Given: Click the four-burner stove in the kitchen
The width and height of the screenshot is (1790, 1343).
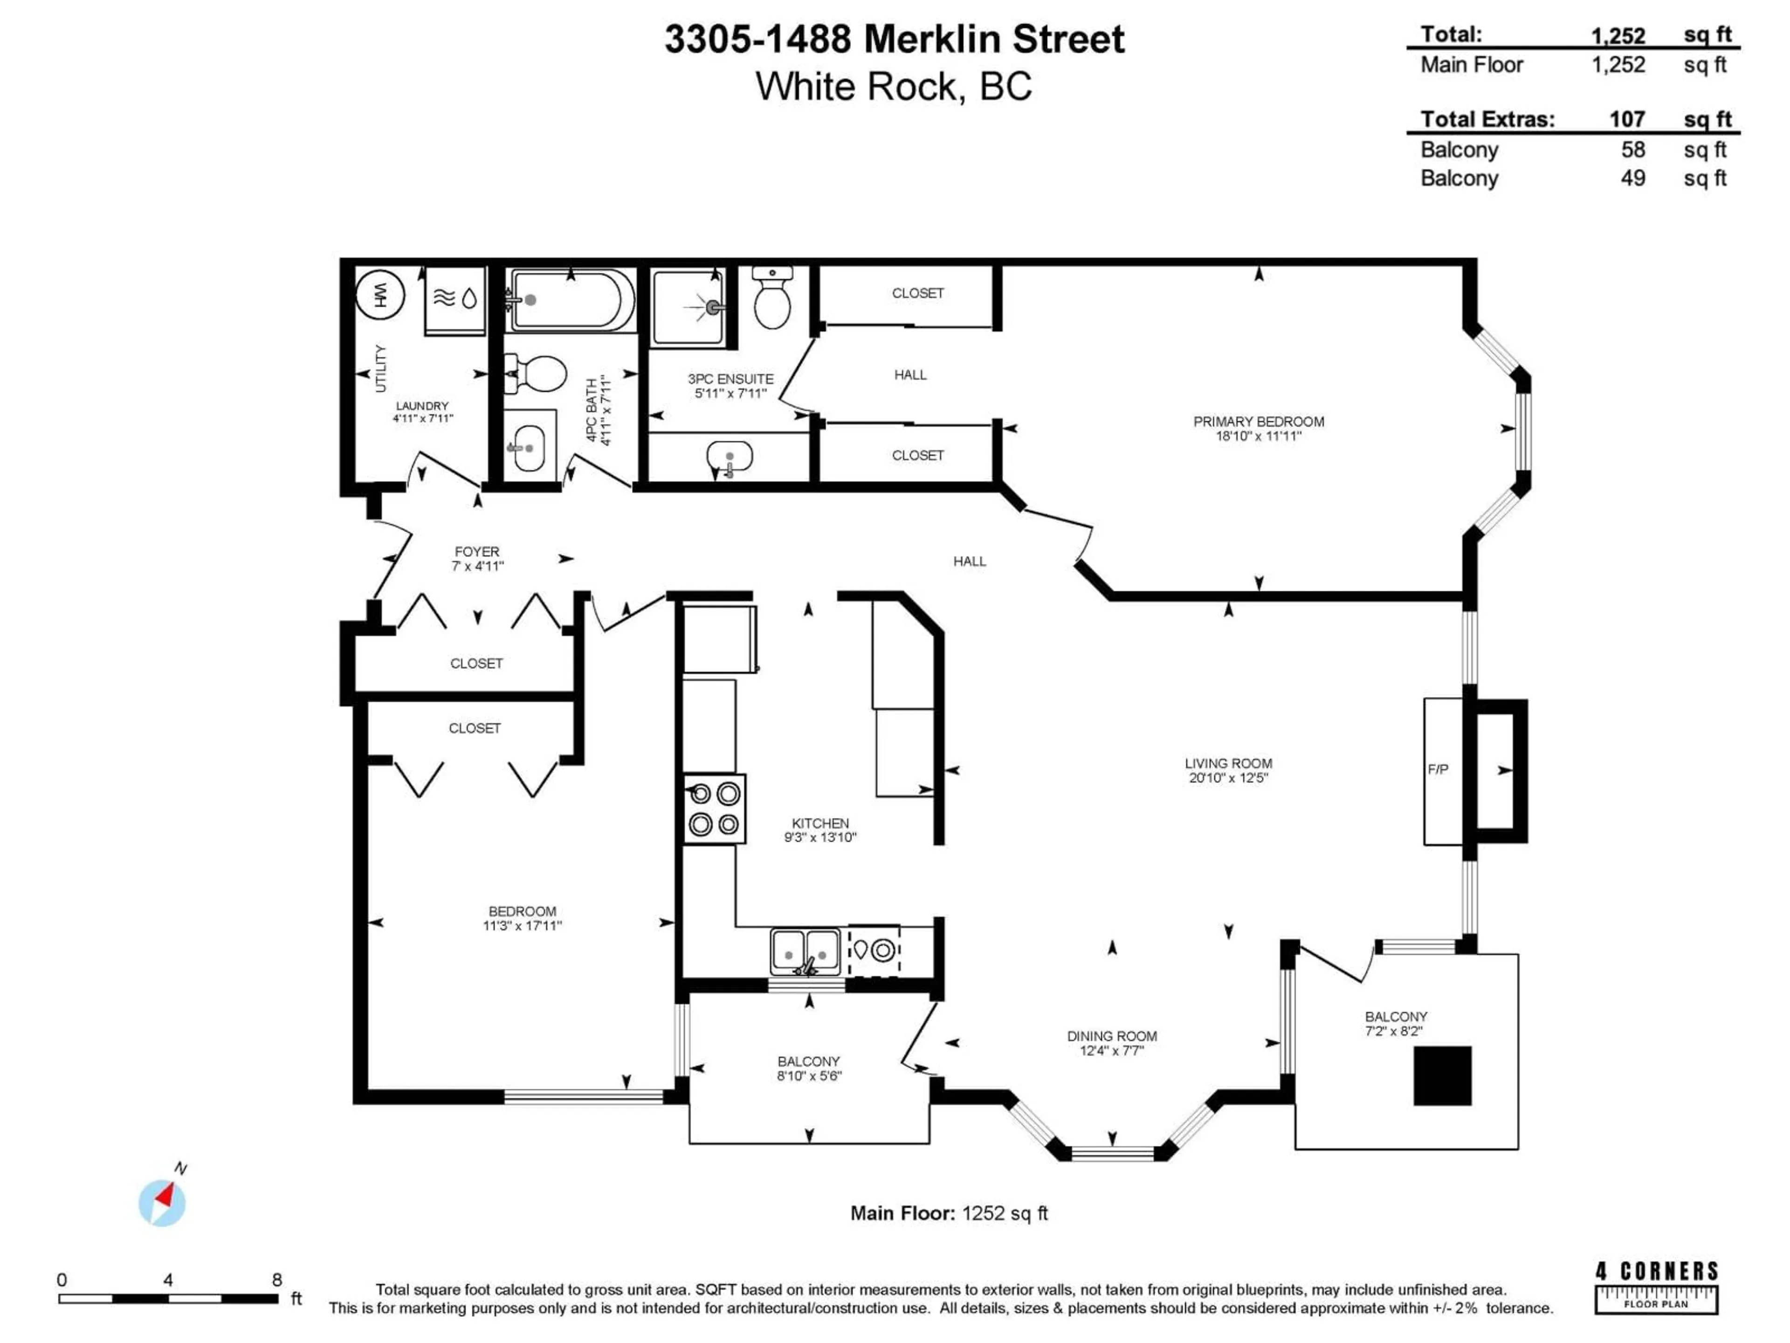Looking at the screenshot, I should coord(714,809).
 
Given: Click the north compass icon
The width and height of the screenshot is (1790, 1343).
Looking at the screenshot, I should coord(163,1201).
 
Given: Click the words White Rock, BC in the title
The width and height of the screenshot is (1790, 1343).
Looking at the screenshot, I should coord(894,87).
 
